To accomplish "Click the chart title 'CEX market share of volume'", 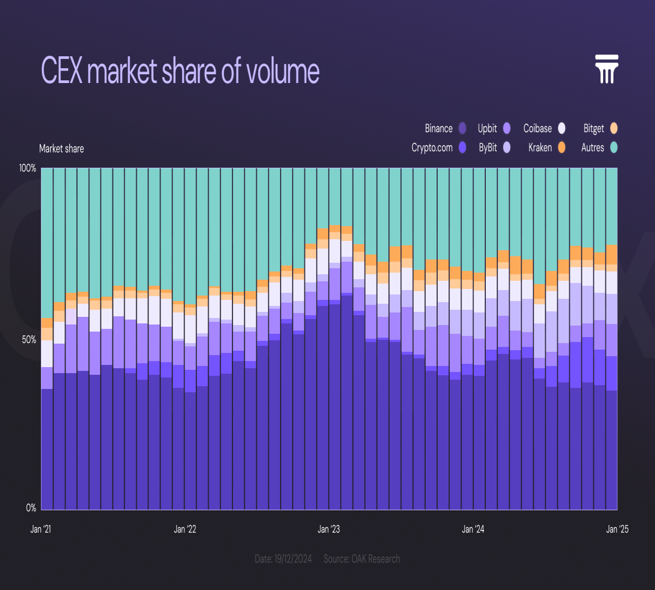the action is [x=180, y=70].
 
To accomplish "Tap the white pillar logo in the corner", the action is [x=606, y=69].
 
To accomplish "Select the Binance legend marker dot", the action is [x=462, y=128].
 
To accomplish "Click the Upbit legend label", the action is [x=487, y=128].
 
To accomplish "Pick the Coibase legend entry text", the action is [x=538, y=128].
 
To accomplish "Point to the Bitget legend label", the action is [x=594, y=128].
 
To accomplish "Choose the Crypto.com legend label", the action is [x=432, y=147].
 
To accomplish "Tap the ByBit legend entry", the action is [x=488, y=147].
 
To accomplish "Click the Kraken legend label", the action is [x=540, y=147].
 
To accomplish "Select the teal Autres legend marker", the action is [x=614, y=147].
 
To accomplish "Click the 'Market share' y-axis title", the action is [x=61, y=149].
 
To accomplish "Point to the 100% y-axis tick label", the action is [x=27, y=168].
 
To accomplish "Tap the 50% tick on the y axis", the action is [x=29, y=340].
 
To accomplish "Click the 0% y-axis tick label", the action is [x=31, y=508].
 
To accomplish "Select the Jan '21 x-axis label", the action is [x=40, y=529].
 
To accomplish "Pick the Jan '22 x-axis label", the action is [x=185, y=529].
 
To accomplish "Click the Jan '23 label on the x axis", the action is [x=329, y=529].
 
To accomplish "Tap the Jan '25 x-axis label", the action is [x=617, y=529].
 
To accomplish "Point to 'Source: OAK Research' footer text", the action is [x=362, y=559].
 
